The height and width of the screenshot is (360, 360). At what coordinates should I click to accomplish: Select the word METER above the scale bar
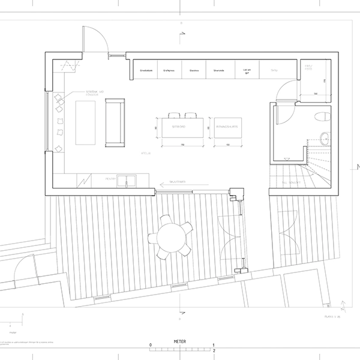pos(180,340)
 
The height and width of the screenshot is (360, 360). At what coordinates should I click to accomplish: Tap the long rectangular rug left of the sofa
pos(85,122)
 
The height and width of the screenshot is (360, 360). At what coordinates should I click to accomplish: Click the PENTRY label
pos(110,178)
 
